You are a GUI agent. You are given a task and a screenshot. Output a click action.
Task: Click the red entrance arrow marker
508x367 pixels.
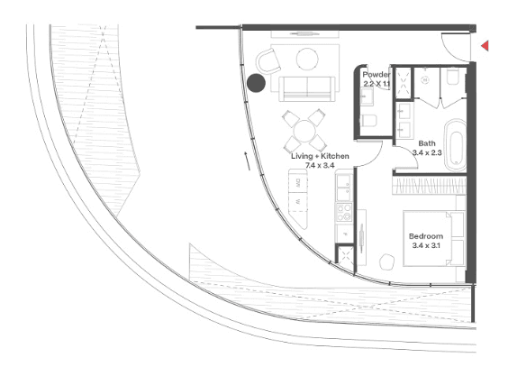tap(485, 46)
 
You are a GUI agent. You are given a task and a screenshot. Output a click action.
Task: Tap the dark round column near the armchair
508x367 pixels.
tap(257, 83)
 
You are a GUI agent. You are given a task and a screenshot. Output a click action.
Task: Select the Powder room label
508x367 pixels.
tap(376, 74)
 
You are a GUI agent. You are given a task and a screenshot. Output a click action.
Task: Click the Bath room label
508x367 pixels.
tap(427, 143)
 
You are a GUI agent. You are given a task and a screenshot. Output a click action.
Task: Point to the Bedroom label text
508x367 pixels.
tap(426, 236)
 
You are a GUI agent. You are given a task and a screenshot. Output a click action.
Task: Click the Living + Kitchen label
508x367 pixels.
tap(320, 156)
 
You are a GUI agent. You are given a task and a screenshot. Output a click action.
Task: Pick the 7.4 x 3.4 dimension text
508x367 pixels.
tap(320, 165)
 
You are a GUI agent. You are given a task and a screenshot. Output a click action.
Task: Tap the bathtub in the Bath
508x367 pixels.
tap(455, 145)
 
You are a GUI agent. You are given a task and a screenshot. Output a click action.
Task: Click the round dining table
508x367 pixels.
tap(304, 131)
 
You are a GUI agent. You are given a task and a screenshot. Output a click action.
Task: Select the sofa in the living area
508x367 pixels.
tap(307, 88)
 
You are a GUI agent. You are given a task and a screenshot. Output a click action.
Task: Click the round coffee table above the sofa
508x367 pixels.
tap(307, 59)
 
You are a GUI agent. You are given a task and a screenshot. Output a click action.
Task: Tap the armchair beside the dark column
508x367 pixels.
tap(268, 61)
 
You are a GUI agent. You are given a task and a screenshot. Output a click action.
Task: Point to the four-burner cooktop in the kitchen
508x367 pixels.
tap(344, 212)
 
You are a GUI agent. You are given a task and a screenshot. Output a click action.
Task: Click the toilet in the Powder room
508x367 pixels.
tap(368, 120)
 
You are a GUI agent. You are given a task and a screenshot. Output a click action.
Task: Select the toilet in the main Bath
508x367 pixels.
tap(452, 76)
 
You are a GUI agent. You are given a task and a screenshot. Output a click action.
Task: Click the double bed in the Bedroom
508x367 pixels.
tap(434, 239)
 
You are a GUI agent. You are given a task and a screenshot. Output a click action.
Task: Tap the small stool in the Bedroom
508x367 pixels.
tap(386, 261)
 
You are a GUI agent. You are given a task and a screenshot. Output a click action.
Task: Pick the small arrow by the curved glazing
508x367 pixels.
tap(247, 161)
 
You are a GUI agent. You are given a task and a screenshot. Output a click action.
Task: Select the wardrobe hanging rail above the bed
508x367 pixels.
tap(429, 186)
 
